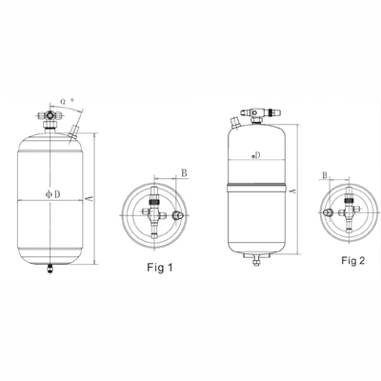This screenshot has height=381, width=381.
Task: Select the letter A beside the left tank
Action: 88,196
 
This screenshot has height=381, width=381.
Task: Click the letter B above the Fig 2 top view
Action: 326,176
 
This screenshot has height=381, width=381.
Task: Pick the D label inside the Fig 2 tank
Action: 256,154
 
